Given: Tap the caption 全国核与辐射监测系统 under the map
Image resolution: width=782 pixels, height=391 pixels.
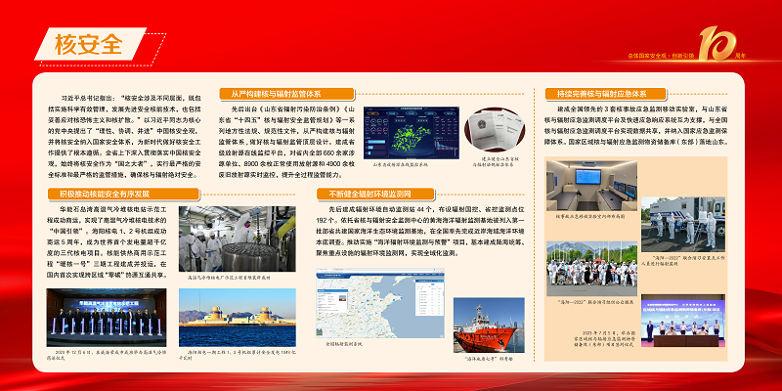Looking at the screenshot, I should tap(348, 345).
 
